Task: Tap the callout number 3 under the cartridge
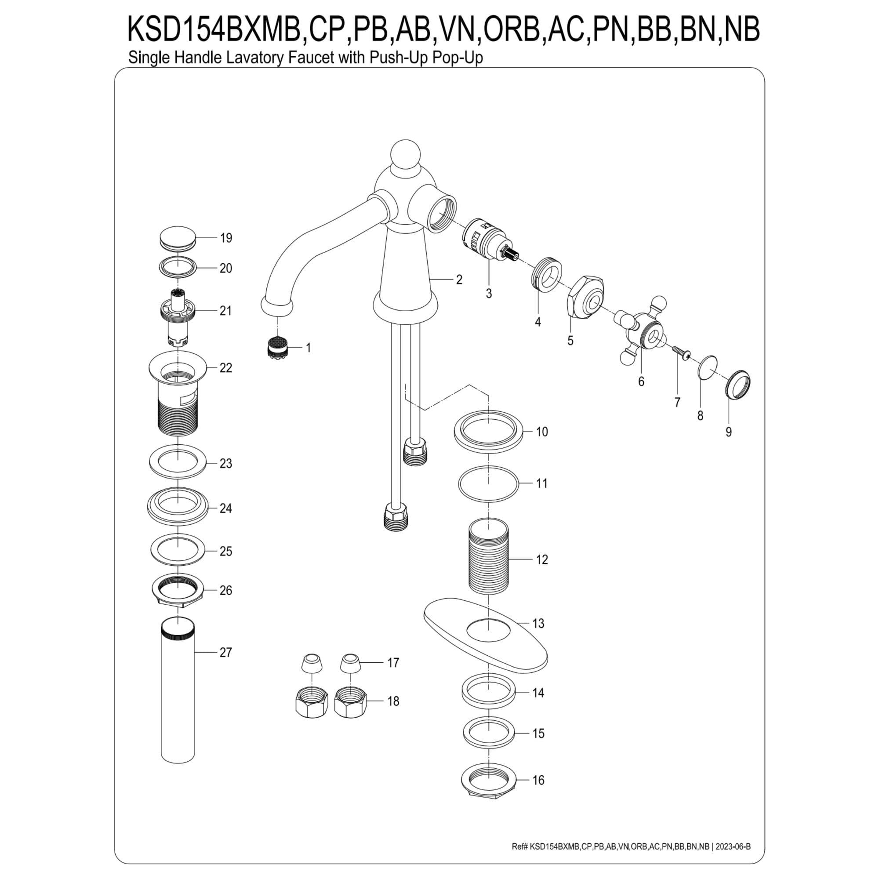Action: click(x=489, y=294)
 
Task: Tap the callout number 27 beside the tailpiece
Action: click(x=225, y=652)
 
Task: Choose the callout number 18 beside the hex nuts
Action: click(x=393, y=701)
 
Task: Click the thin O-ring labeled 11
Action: click(x=488, y=484)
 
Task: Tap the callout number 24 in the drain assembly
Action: click(x=225, y=508)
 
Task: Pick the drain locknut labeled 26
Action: click(x=178, y=590)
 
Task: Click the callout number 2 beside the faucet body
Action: click(x=459, y=280)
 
